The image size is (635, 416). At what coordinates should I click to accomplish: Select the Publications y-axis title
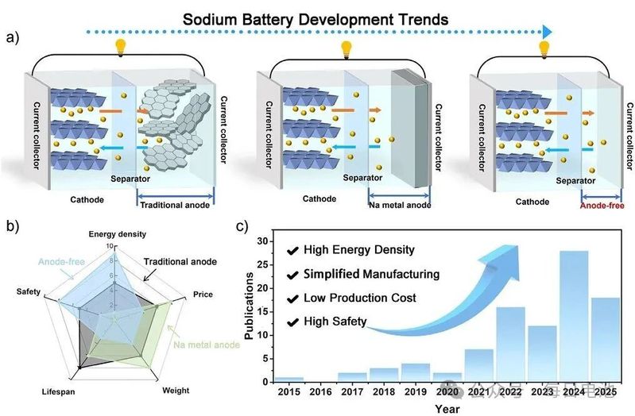pos(250,306)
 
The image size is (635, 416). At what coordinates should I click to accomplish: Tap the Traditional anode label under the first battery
pos(176,204)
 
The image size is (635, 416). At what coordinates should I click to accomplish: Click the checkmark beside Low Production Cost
pos(293,299)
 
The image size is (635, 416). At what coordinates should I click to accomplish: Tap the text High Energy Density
pos(359,251)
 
